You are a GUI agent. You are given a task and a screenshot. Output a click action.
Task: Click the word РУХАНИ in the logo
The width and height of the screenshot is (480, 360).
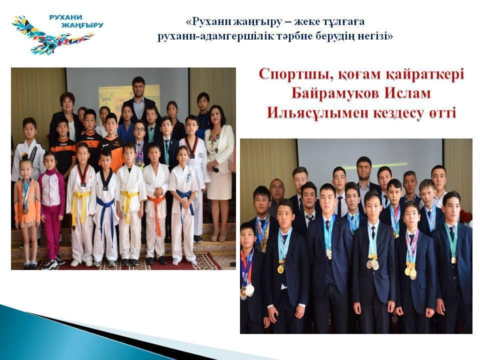coord(66,17)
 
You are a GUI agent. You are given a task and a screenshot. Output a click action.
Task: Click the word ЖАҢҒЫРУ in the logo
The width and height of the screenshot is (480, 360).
coord(82,25)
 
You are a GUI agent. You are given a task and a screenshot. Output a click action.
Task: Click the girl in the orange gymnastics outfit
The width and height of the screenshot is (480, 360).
coord(26,211)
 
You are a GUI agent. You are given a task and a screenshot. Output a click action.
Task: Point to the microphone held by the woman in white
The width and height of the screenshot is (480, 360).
coord(214,169)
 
